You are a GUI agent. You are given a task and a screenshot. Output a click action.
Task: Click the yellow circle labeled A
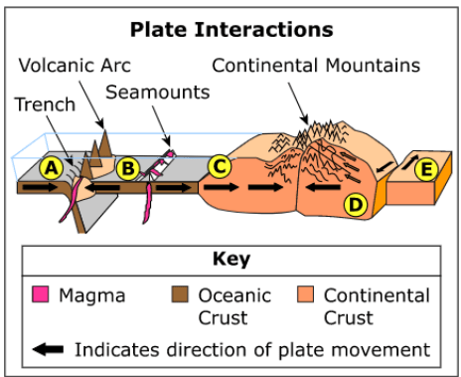52,168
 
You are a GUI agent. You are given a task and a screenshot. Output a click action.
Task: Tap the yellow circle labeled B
128,168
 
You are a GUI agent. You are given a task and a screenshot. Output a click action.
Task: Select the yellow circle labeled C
220,166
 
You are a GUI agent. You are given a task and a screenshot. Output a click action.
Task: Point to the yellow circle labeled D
356,205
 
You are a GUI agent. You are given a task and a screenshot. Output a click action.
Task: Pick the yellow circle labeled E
426,169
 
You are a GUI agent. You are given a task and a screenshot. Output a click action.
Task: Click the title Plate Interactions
231,30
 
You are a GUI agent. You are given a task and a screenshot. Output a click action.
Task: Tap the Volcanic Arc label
75,66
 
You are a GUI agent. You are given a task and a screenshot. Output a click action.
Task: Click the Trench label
45,104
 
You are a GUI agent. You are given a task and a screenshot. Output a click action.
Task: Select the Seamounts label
158,92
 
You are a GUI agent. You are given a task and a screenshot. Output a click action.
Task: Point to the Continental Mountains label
316,66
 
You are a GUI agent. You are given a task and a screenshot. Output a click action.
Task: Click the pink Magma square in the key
41,294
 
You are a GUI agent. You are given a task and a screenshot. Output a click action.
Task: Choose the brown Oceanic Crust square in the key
180,294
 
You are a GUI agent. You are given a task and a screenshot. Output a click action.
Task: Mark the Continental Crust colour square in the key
305,294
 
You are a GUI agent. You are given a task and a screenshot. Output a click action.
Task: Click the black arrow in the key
48,349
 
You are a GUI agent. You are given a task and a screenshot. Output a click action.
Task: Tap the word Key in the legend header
231,260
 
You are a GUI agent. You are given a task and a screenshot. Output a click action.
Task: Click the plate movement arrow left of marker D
323,187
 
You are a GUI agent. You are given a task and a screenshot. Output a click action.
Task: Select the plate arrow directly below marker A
40,187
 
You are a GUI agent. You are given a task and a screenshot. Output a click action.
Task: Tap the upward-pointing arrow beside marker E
410,162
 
